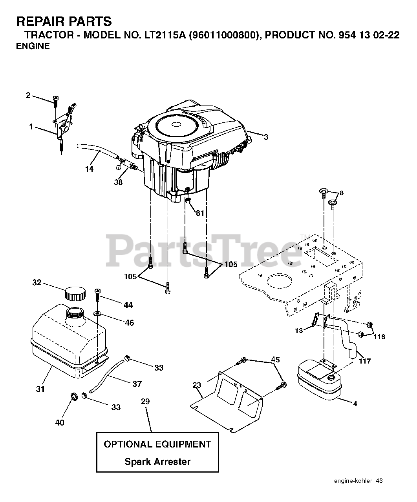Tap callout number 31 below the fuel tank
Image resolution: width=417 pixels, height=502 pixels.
(40, 389)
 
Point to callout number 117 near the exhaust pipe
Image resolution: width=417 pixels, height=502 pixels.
(365, 361)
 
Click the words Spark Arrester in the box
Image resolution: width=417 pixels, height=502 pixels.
(157, 462)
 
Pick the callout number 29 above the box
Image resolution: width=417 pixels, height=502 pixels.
(145, 402)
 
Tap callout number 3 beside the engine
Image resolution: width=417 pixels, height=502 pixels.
(266, 137)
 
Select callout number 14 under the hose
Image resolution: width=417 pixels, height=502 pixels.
(90, 169)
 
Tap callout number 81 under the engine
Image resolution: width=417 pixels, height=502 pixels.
(200, 213)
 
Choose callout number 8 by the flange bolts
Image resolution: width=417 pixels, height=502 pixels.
(341, 193)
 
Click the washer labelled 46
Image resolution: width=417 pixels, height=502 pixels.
(97, 314)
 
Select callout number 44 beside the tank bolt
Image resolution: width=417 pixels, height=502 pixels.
(128, 305)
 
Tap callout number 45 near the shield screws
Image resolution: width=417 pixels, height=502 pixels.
(276, 359)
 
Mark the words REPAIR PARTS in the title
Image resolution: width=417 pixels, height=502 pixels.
(64, 22)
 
